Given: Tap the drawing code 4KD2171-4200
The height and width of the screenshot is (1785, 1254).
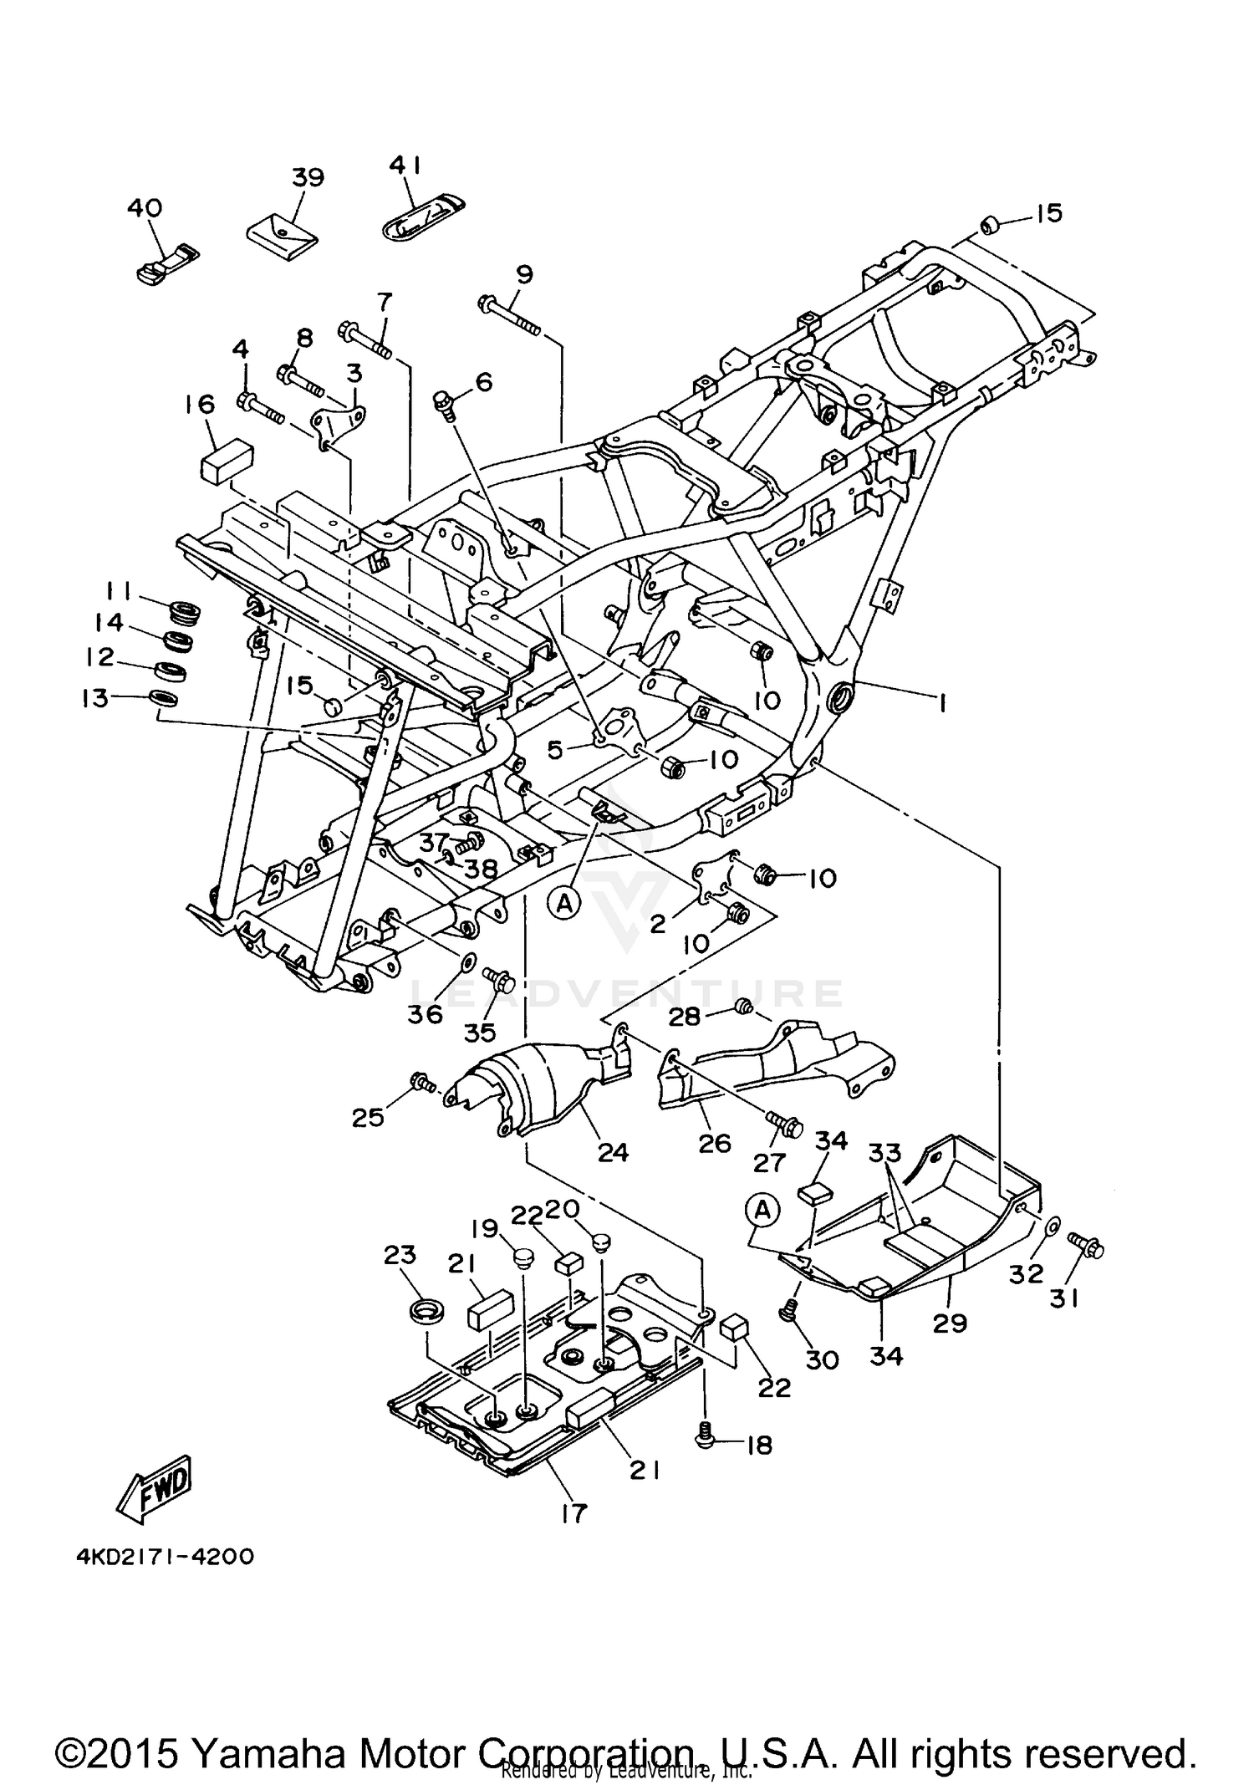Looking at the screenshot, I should [x=165, y=1557].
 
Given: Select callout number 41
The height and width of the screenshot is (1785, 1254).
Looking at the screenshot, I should [x=406, y=166].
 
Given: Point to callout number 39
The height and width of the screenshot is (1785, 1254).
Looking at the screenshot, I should [x=308, y=177].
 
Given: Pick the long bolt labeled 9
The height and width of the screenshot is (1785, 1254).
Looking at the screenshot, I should [x=509, y=314].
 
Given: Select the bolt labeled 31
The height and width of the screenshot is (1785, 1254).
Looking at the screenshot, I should [x=1086, y=1248].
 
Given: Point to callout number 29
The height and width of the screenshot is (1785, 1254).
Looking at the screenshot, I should [x=950, y=1323].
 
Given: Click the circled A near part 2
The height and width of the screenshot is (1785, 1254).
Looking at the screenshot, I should [x=565, y=903].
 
